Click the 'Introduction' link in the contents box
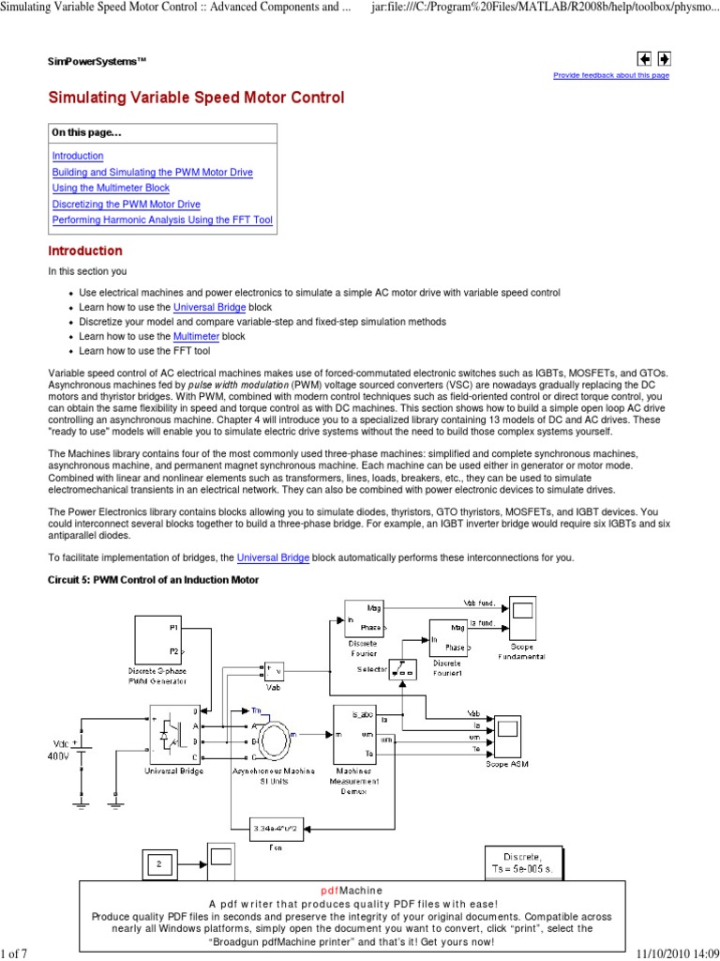78,156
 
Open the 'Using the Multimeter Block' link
111,188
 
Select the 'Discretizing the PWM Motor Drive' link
126,204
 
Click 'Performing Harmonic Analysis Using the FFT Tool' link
162,220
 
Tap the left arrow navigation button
644,58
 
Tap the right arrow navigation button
663,58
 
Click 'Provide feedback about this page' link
611,75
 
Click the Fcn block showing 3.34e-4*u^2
277,829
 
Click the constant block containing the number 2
159,864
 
